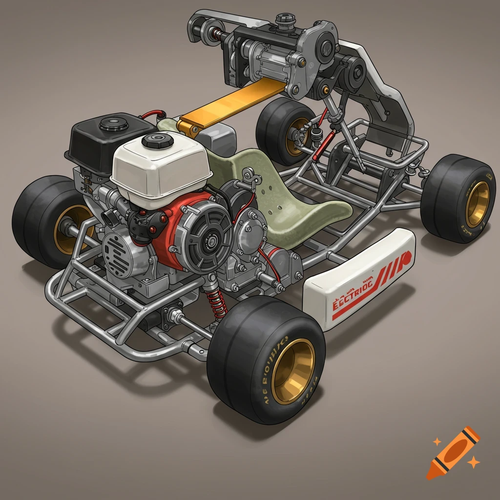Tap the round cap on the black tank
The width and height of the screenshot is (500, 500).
(113, 124)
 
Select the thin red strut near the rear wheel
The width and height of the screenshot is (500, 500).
(320, 139)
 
